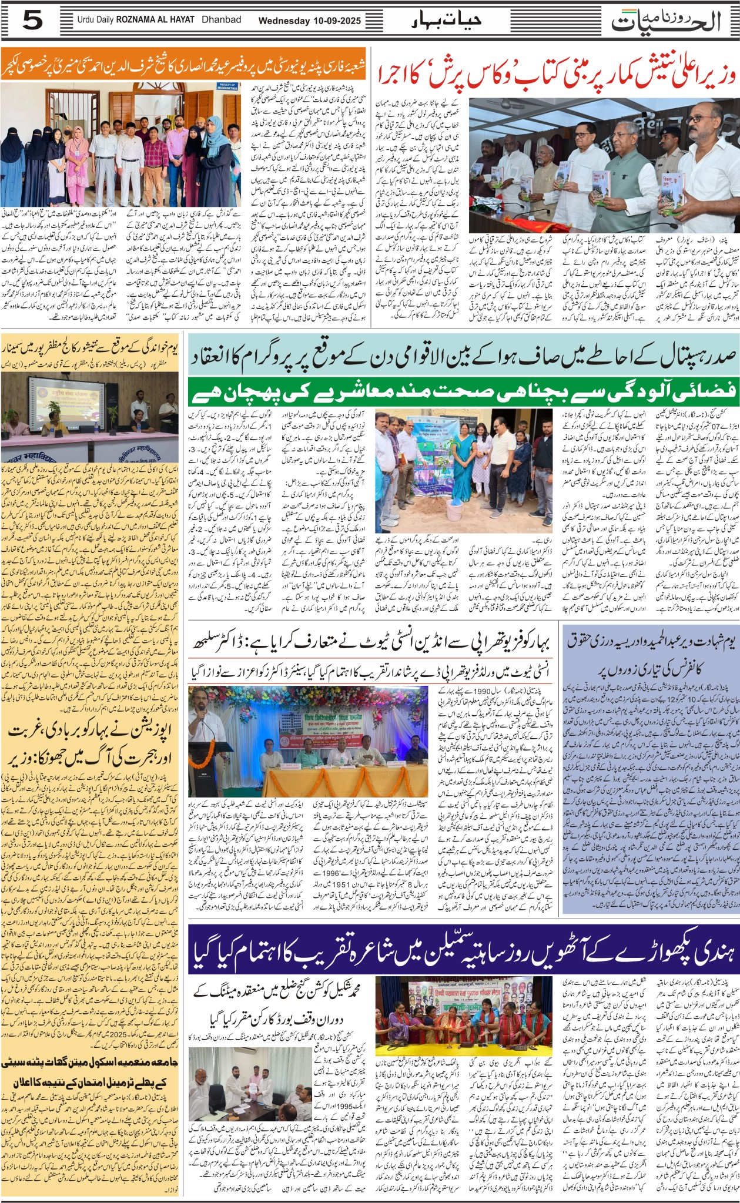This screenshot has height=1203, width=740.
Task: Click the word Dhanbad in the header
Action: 221,19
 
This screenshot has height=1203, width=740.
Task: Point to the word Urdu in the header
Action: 86,20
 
